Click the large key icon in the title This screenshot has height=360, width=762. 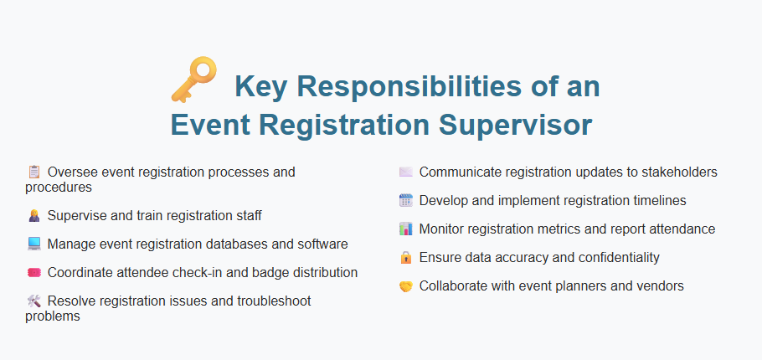(x=193, y=80)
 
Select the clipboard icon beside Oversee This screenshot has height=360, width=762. (x=34, y=172)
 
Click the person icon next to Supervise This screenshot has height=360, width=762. (x=34, y=216)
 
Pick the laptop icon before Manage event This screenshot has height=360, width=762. (x=34, y=244)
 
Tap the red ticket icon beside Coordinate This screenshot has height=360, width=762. (x=34, y=273)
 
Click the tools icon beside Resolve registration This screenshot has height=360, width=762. (x=34, y=301)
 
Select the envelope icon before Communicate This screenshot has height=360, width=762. (x=406, y=172)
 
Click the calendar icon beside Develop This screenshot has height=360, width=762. (x=406, y=201)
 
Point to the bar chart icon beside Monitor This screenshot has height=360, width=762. (x=406, y=229)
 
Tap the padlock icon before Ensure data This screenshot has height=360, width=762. (x=406, y=258)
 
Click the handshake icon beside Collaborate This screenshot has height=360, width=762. (x=406, y=286)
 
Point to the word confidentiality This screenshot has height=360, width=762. (x=610, y=258)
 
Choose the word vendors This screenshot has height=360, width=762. (x=660, y=286)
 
